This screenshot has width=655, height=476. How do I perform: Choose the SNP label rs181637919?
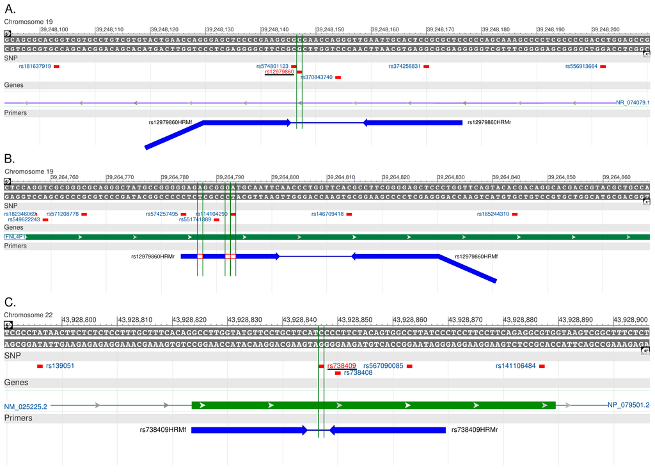(x=35, y=67)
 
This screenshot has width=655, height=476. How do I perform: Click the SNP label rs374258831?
(x=405, y=67)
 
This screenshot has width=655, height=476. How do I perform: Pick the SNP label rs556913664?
(x=581, y=67)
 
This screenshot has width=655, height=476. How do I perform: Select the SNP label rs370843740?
(x=316, y=77)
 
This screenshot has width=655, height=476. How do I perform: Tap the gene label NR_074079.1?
(x=633, y=102)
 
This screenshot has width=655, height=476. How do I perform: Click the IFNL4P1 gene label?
(x=14, y=237)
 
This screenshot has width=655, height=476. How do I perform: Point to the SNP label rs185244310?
(x=493, y=214)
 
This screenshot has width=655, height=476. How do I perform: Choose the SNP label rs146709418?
(x=327, y=214)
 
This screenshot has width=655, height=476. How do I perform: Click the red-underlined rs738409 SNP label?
(x=342, y=366)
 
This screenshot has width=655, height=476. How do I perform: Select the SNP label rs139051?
(x=60, y=366)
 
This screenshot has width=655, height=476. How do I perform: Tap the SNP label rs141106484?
(x=516, y=366)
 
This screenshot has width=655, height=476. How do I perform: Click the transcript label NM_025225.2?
(x=26, y=406)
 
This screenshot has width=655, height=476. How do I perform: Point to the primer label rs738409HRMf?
(x=163, y=430)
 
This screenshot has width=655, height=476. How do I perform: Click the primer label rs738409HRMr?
(x=474, y=430)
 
